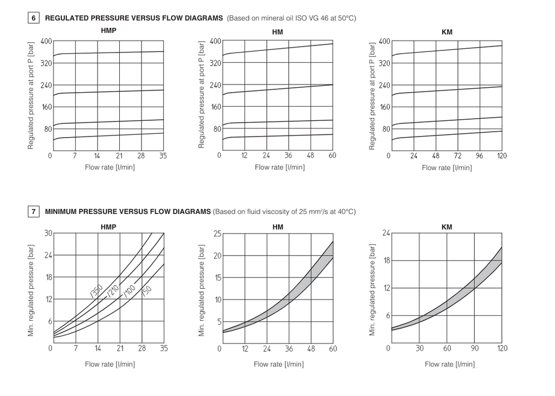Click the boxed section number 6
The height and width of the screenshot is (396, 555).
click(x=34, y=18)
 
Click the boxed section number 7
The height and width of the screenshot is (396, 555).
click(x=34, y=211)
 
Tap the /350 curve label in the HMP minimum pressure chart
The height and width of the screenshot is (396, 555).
click(x=96, y=291)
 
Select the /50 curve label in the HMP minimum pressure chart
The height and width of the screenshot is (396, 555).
click(x=146, y=291)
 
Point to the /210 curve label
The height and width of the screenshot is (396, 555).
click(x=112, y=291)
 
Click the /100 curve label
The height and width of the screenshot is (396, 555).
click(x=129, y=291)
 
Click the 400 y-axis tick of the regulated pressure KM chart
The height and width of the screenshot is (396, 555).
click(x=384, y=41)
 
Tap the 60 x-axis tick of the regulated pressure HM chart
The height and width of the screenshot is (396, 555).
click(x=332, y=155)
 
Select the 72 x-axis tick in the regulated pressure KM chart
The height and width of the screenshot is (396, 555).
click(x=457, y=155)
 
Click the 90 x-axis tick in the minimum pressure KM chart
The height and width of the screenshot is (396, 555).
click(x=475, y=348)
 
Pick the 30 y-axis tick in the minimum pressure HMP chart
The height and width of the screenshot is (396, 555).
click(x=48, y=233)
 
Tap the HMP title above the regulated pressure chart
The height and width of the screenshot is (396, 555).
click(x=108, y=30)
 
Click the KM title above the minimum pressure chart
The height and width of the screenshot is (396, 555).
click(x=447, y=227)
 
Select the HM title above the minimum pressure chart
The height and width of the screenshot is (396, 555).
click(x=277, y=227)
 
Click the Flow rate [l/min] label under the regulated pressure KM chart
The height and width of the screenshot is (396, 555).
click(x=447, y=168)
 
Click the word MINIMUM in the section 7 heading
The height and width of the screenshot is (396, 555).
click(x=62, y=211)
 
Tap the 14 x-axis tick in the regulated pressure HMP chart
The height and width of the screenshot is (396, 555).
click(x=97, y=155)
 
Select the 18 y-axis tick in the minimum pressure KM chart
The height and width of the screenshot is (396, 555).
click(x=386, y=261)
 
